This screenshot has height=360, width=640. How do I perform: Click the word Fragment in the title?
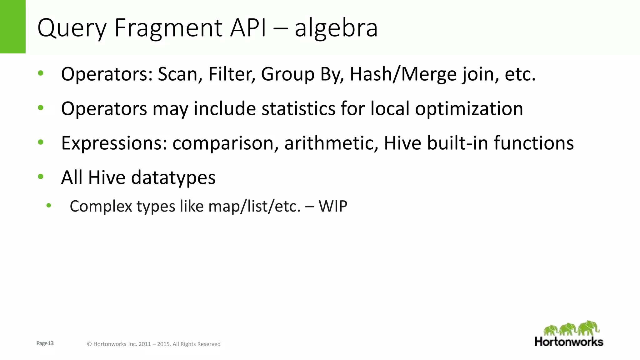[168, 28]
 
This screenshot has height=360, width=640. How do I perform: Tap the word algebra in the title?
[336, 28]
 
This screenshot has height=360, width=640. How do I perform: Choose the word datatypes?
[173, 177]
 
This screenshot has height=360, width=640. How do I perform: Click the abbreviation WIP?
[333, 206]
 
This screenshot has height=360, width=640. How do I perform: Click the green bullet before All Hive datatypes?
[41, 177]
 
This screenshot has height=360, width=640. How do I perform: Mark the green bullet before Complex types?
[48, 205]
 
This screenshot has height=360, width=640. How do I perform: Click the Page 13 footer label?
[45, 343]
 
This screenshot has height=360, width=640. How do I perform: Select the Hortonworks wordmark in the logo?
[569, 342]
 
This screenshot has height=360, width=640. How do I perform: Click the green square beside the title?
[12, 27]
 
